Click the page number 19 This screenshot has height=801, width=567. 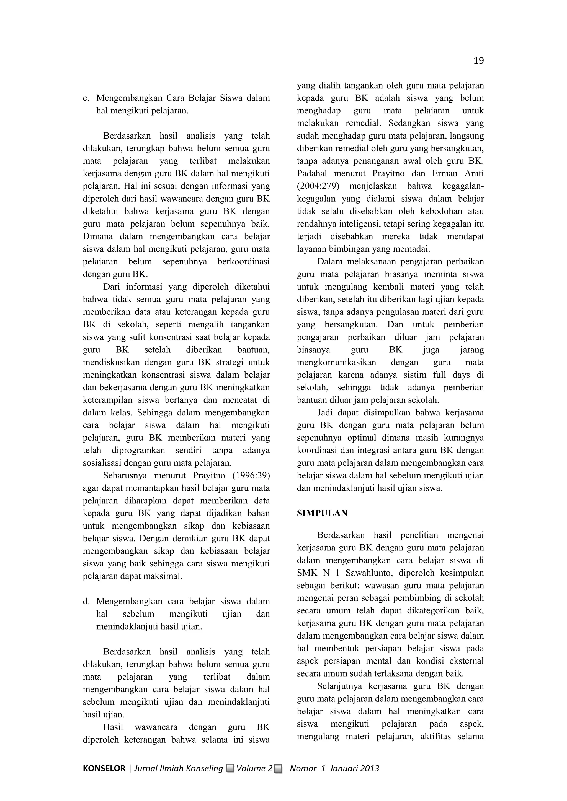478,61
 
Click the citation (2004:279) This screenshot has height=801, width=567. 318,186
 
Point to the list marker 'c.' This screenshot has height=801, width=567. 86,98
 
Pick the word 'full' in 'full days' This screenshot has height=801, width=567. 440,375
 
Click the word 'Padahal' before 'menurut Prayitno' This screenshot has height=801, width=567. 313,173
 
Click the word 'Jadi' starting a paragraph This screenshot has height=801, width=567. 325,413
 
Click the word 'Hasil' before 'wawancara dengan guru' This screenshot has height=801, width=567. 113,727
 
